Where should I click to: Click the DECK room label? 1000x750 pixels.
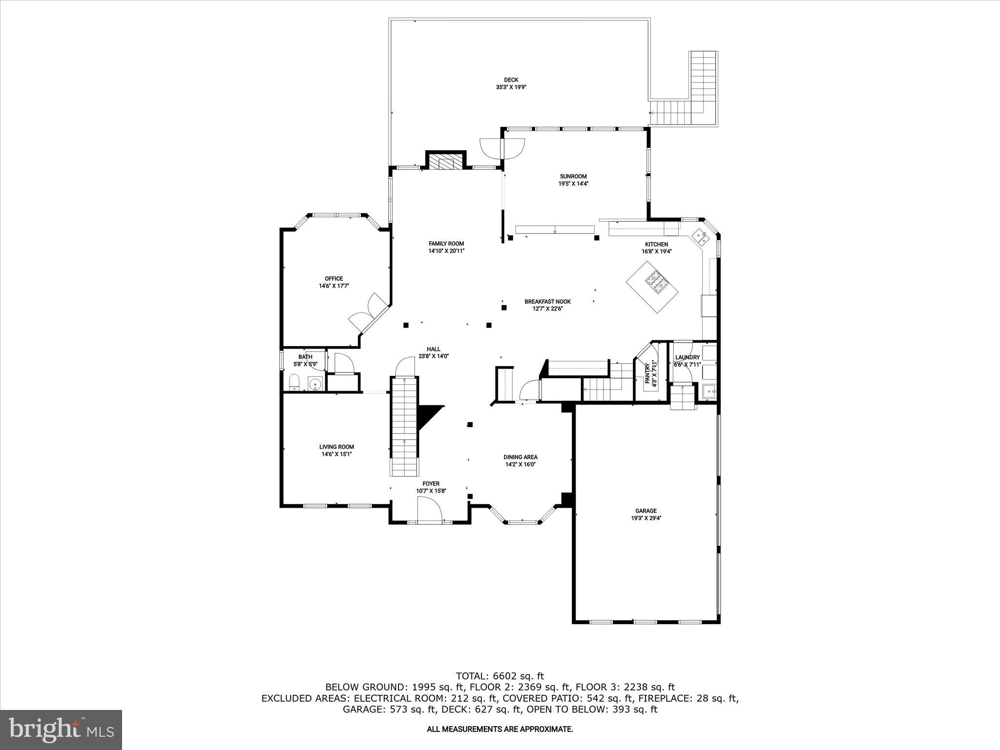(x=511, y=80)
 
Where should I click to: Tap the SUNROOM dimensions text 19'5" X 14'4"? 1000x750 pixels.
(x=573, y=184)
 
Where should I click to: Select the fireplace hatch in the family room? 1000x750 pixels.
(x=446, y=163)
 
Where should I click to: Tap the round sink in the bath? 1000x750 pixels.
(x=316, y=384)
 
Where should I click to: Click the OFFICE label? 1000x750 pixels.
(x=334, y=279)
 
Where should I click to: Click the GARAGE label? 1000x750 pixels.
(x=646, y=511)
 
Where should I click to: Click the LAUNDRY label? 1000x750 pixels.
(x=687, y=357)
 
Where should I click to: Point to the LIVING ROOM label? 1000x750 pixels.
(x=336, y=447)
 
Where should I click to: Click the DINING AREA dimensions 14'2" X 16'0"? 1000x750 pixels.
(x=521, y=464)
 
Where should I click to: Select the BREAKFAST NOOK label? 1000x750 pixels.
(x=547, y=302)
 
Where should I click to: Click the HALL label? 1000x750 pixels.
(x=433, y=349)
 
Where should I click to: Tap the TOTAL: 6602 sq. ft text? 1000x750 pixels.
(x=500, y=676)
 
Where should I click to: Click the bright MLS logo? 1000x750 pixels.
(x=61, y=729)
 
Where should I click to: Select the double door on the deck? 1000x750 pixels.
(x=502, y=148)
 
